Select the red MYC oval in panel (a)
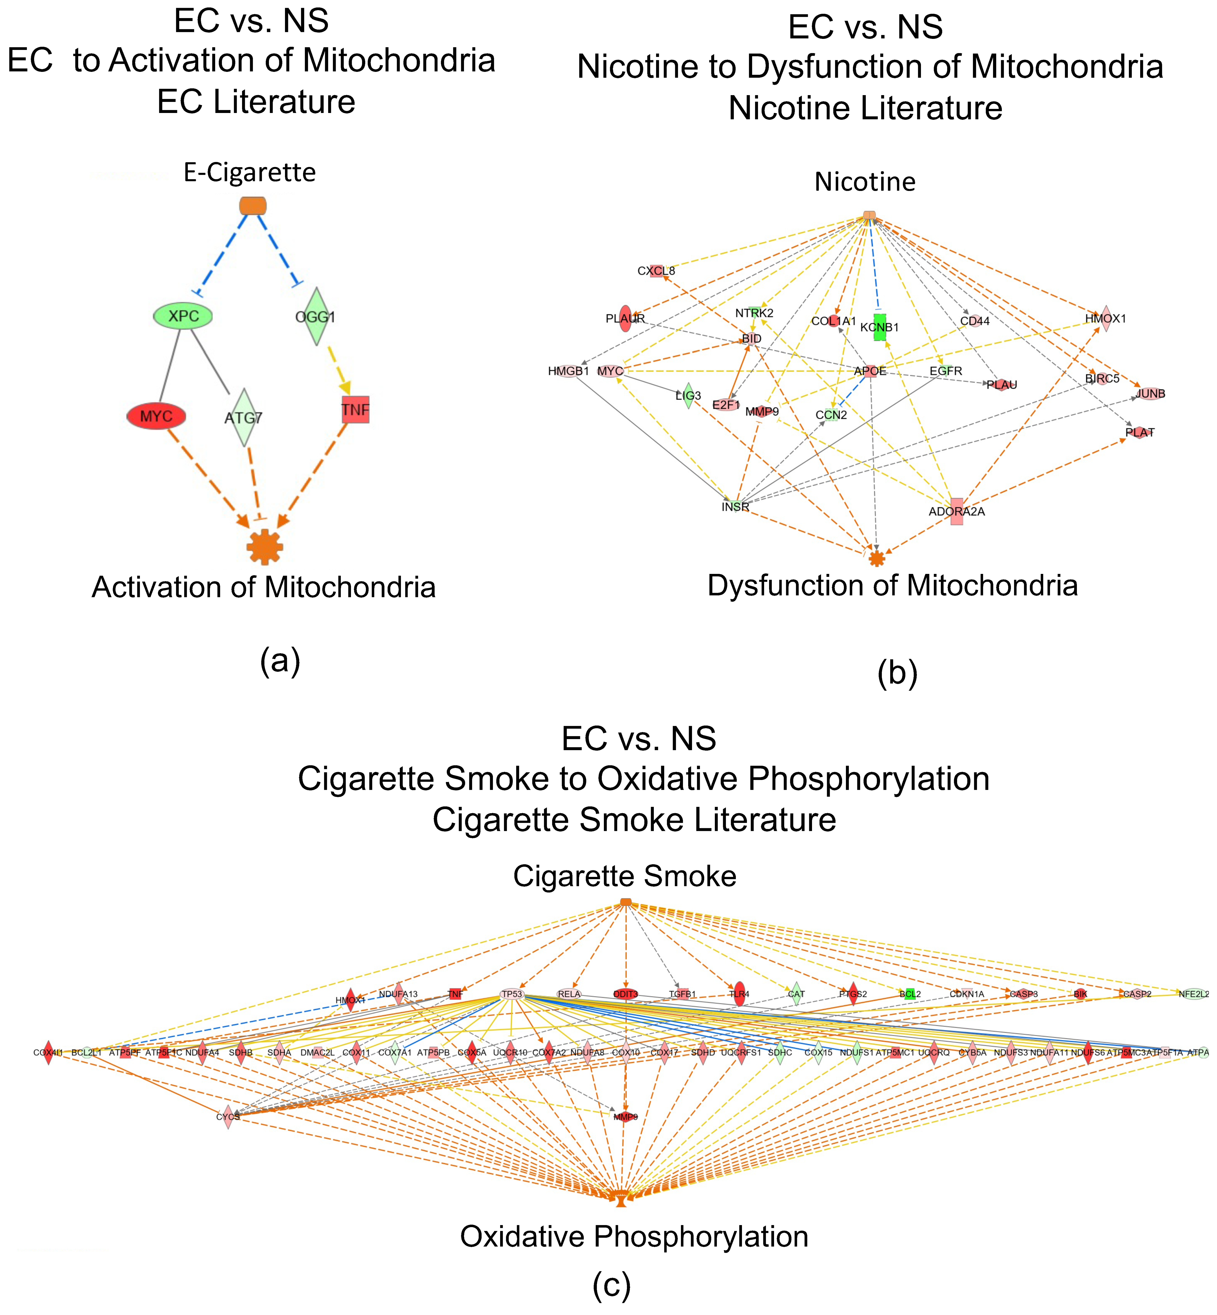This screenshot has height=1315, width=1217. [156, 416]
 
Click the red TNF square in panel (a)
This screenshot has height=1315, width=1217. [356, 409]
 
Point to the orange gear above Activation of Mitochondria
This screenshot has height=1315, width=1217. [265, 547]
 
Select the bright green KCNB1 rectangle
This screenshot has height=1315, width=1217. [880, 327]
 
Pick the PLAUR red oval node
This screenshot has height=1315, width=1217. [626, 319]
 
